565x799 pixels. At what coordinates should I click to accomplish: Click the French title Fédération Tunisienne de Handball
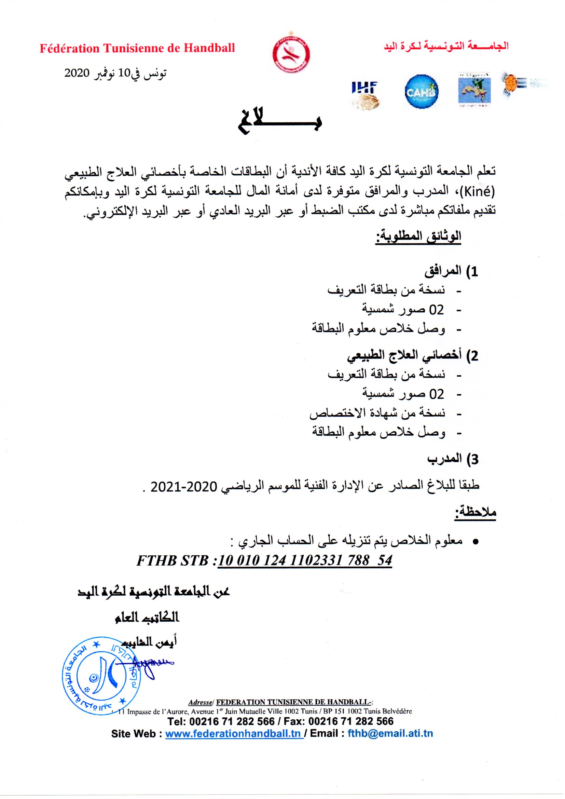click(137, 48)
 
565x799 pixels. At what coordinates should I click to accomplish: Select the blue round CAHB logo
click(422, 92)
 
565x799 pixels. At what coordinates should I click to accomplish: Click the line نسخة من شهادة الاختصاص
click(377, 414)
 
